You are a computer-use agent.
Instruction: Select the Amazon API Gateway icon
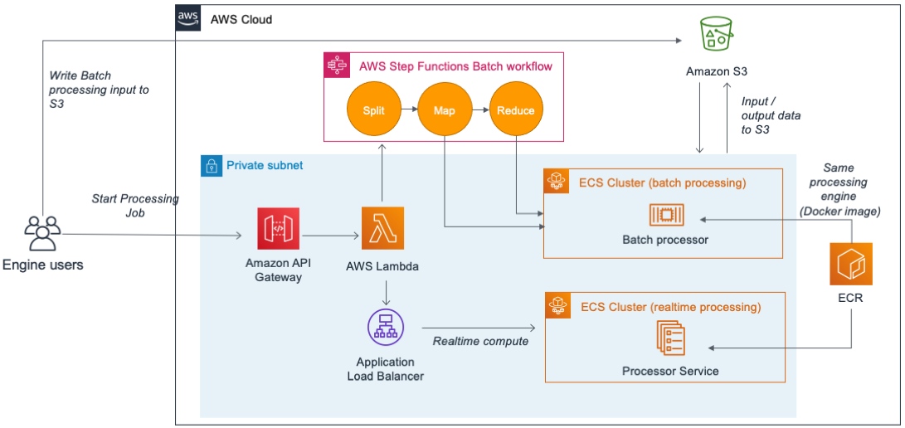click(x=279, y=228)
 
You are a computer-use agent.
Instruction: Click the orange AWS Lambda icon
click(x=383, y=228)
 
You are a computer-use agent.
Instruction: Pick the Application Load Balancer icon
click(x=386, y=329)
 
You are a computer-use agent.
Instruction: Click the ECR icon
click(x=850, y=264)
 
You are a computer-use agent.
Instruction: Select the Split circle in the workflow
click(x=373, y=110)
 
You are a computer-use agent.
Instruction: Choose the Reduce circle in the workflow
click(x=515, y=110)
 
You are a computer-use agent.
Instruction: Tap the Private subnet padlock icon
click(x=212, y=165)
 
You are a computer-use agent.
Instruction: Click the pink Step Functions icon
click(x=336, y=66)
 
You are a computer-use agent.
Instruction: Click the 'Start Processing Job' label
click(x=135, y=206)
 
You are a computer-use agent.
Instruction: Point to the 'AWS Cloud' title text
click(x=241, y=19)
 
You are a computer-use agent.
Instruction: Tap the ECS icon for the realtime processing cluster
click(x=556, y=306)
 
